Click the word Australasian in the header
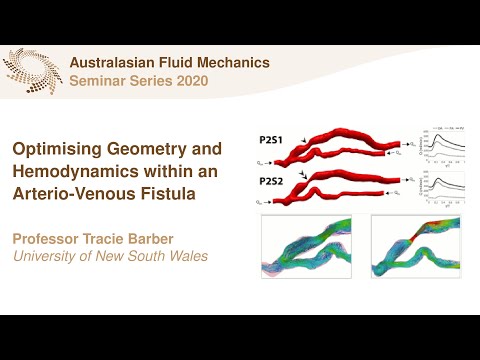tap(119, 62)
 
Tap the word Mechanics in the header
tap(236, 62)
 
